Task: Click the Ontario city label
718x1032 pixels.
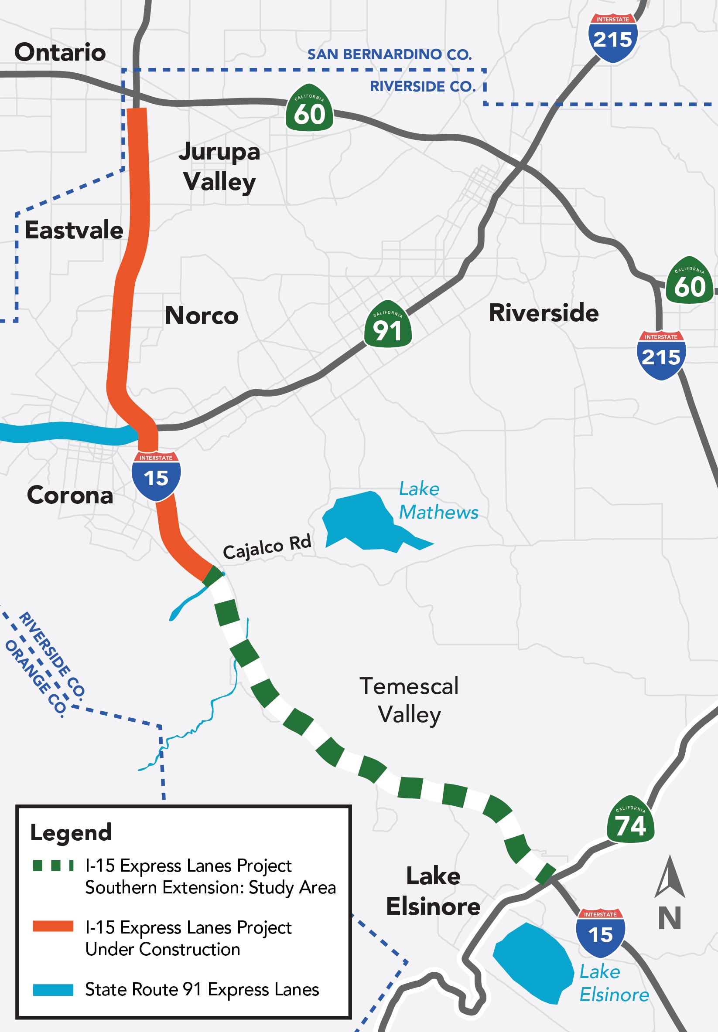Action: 60,52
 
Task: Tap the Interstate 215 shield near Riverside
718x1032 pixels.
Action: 661,356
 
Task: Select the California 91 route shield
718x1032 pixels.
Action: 387,325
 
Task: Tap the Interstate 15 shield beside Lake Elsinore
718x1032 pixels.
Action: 600,932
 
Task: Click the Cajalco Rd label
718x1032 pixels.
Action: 267,547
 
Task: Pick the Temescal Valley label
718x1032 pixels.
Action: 409,700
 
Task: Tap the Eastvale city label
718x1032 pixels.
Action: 74,230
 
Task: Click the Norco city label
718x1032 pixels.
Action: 202,315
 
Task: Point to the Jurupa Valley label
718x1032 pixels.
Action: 219,166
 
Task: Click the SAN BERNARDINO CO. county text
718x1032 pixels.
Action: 389,54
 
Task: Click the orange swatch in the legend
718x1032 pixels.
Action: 53,926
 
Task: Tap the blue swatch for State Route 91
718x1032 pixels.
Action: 53,990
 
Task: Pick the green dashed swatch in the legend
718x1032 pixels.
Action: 53,865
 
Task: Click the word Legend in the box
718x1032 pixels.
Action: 71,832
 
